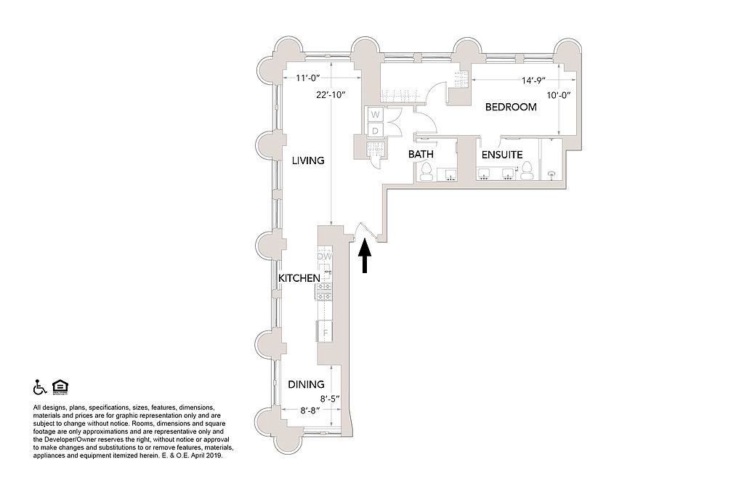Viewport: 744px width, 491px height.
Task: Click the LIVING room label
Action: point(308,161)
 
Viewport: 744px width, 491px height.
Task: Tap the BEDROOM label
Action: point(511,107)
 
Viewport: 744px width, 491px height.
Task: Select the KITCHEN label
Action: point(299,278)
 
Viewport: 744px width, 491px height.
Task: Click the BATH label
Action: point(421,155)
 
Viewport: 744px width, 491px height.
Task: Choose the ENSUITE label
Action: point(502,155)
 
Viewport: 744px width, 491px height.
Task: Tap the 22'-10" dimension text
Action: point(331,94)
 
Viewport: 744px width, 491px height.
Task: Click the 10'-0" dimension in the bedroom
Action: point(559,94)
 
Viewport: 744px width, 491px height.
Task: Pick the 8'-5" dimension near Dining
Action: point(330,398)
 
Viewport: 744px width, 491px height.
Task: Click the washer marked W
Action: point(376,115)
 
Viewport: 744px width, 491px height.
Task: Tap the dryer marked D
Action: point(376,130)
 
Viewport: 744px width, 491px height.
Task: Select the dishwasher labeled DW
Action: point(325,256)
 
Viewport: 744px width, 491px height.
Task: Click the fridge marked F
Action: point(325,333)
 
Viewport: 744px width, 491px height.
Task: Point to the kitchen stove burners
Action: point(325,292)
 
